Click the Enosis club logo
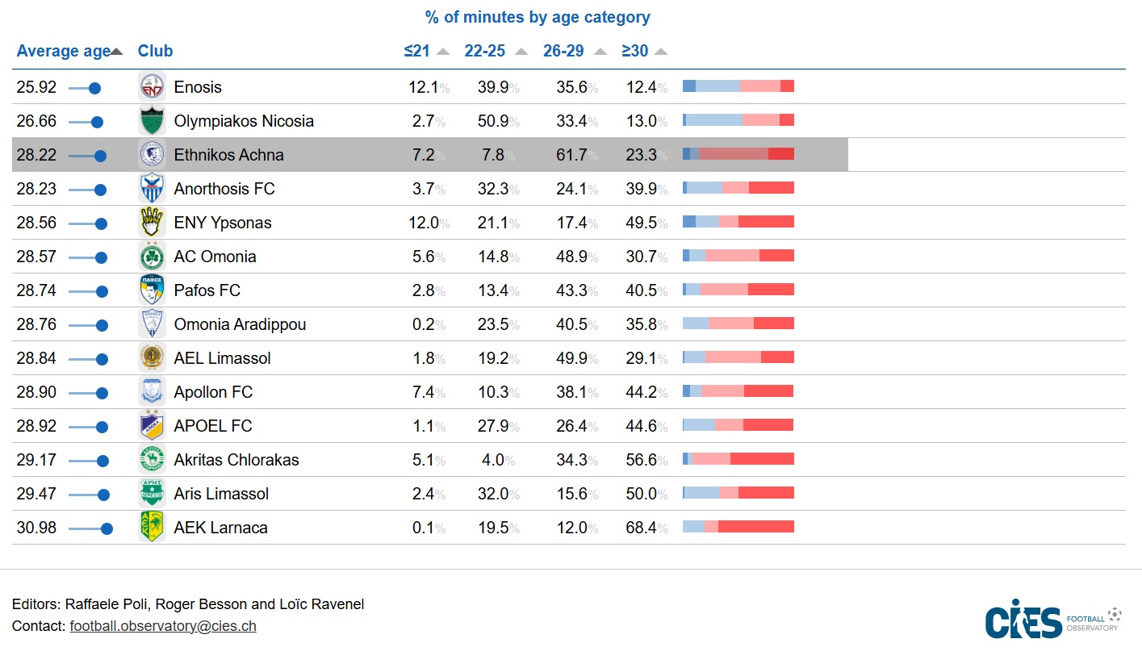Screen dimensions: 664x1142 pyautogui.click(x=152, y=87)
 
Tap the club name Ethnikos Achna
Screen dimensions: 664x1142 pyautogui.click(x=228, y=155)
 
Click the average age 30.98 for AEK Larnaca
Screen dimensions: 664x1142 pyautogui.click(x=36, y=528)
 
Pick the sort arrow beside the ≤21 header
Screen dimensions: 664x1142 pyautogui.click(x=443, y=52)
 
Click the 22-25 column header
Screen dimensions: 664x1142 pyautogui.click(x=484, y=51)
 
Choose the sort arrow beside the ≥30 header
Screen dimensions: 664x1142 pyautogui.click(x=661, y=52)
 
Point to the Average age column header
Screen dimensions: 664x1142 pyautogui.click(x=63, y=51)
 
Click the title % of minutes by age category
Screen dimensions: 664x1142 pyautogui.click(x=538, y=17)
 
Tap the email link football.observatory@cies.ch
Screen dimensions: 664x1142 pyautogui.click(x=163, y=625)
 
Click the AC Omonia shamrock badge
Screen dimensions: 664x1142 pyautogui.click(x=152, y=257)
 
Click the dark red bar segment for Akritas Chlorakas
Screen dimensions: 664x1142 pyautogui.click(x=762, y=459)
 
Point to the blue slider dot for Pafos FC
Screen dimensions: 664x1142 pyautogui.click(x=101, y=290)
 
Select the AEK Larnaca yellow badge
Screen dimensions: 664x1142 pyautogui.click(x=152, y=528)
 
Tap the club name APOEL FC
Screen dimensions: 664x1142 pyautogui.click(x=213, y=426)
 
